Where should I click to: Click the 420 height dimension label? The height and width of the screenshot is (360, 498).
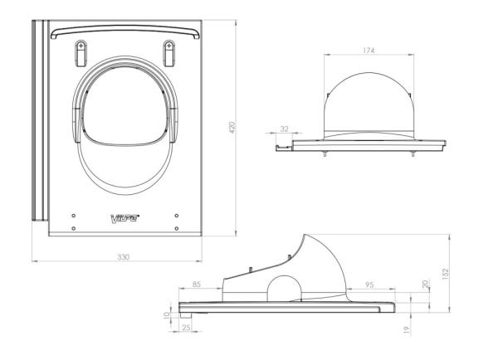[232, 128]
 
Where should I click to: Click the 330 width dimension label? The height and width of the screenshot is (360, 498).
[123, 257]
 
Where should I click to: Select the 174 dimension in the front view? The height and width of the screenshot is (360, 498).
[369, 50]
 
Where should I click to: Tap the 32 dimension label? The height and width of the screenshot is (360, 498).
[284, 129]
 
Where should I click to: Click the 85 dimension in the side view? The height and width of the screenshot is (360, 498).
[197, 285]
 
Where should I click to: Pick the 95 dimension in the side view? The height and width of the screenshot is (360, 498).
[369, 285]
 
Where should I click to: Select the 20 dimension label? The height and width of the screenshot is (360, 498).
[426, 284]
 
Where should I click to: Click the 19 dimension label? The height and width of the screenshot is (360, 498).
[407, 330]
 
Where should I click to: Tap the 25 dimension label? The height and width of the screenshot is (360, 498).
[187, 327]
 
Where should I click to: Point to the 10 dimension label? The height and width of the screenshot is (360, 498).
[166, 315]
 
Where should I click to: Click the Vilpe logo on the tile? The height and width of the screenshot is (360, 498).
[124, 218]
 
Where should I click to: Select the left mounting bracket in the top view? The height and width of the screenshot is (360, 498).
[81, 53]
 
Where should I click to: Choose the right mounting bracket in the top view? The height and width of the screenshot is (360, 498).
[169, 53]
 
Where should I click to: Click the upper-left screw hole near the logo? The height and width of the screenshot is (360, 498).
[74, 216]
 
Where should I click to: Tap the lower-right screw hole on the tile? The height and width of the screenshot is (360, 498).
[177, 228]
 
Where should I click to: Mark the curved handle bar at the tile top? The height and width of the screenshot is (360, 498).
[125, 32]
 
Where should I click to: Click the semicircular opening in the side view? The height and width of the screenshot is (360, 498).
[284, 289]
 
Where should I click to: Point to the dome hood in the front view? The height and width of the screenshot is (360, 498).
[369, 105]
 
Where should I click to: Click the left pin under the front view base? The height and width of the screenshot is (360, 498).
[325, 153]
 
